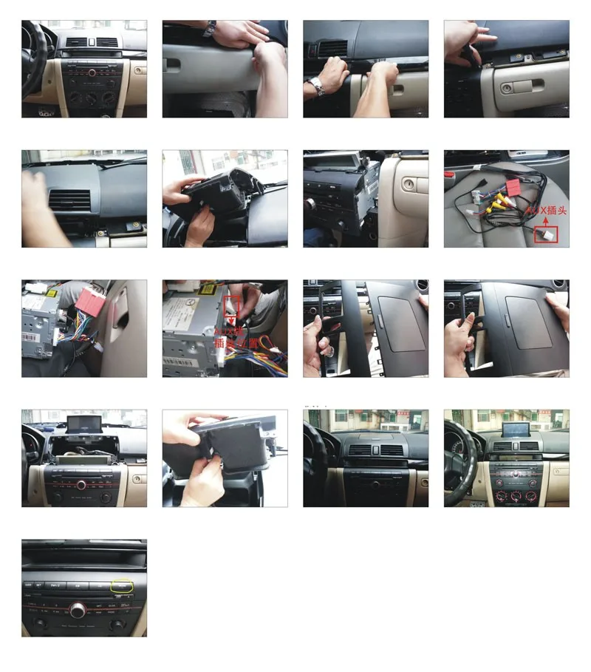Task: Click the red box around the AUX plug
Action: click(x=547, y=235)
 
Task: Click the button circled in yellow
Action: click(x=120, y=586)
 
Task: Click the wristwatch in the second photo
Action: click(x=211, y=28)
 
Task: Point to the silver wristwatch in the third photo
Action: click(x=317, y=86)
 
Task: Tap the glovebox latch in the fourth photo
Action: click(x=507, y=88)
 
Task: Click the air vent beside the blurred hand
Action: click(x=70, y=200)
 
